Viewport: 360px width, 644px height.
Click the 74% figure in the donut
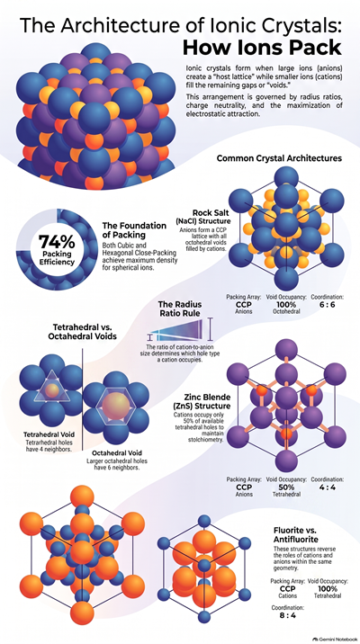(57, 242)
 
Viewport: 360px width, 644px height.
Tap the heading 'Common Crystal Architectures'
(279, 158)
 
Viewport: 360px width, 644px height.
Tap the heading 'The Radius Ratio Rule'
(180, 309)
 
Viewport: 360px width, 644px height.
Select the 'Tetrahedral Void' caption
(49, 434)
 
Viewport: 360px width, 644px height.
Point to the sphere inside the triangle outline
(52, 389)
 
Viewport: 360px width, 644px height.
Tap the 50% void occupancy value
(286, 487)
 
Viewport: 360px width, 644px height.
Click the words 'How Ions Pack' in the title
(262, 48)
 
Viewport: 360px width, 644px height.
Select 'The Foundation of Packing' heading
(134, 230)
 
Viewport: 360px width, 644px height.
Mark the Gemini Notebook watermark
(335, 640)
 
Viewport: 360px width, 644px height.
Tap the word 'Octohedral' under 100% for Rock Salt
(286, 312)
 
